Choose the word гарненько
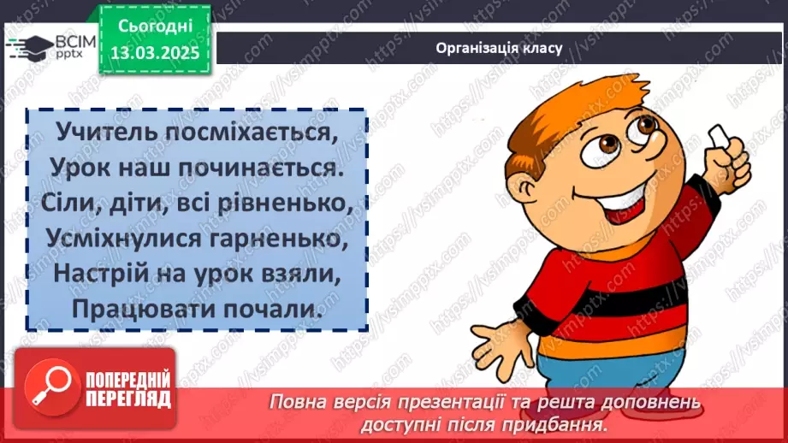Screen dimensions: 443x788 click(x=283, y=241)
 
